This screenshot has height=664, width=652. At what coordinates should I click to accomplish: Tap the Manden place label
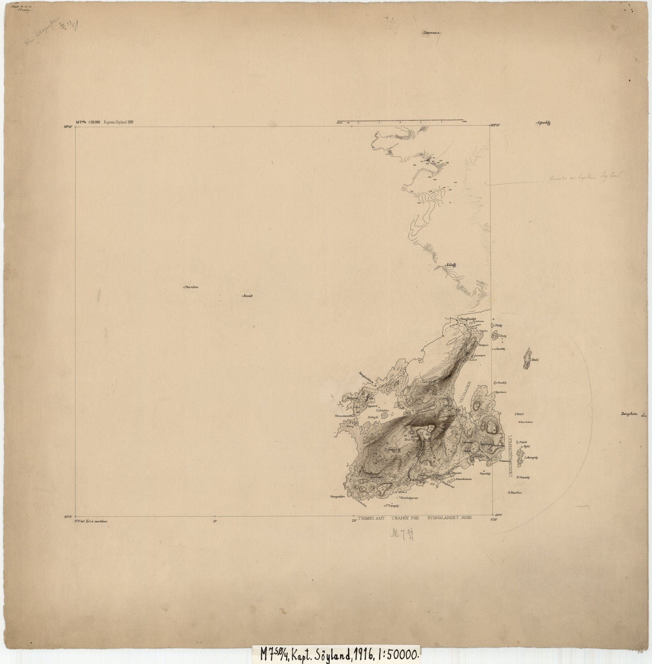[x=192, y=287]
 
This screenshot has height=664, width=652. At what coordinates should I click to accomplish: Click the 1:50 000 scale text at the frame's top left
[x=95, y=122]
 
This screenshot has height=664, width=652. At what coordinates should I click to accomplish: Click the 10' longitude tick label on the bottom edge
[x=214, y=521]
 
